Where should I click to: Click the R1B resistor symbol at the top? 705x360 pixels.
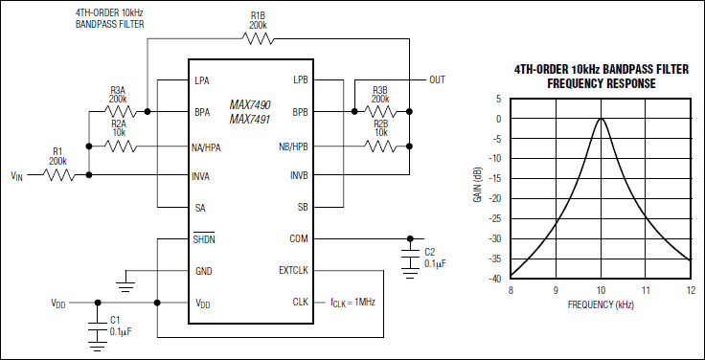pyautogui.click(x=258, y=39)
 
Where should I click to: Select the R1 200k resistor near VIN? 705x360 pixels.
pyautogui.click(x=57, y=175)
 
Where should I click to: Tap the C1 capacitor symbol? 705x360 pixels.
pyautogui.click(x=96, y=326)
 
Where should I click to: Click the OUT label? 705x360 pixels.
pyautogui.click(x=437, y=79)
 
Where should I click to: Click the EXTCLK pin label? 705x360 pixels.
pyautogui.click(x=292, y=271)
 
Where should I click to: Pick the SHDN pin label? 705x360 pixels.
pyautogui.click(x=204, y=239)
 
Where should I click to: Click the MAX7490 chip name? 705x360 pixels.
pyautogui.click(x=250, y=103)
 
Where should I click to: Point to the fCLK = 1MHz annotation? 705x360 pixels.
pyautogui.click(x=356, y=303)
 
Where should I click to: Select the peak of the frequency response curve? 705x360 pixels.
pyautogui.click(x=600, y=119)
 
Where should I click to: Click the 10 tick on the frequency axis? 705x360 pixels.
pyautogui.click(x=600, y=289)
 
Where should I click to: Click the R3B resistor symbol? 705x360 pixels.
pyautogui.click(x=380, y=112)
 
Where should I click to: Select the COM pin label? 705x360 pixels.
pyautogui.click(x=298, y=239)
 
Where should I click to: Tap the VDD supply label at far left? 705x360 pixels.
pyautogui.click(x=58, y=304)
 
